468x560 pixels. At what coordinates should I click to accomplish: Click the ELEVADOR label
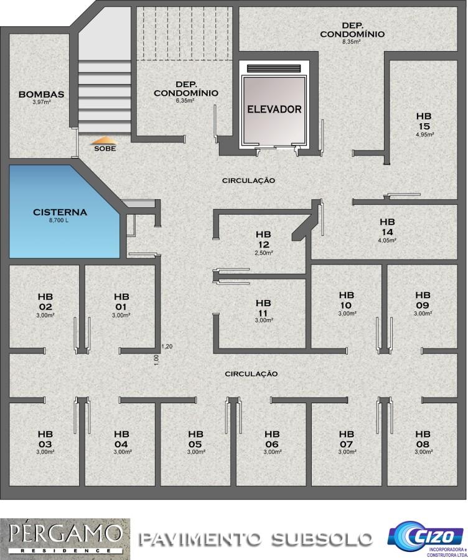[274, 110]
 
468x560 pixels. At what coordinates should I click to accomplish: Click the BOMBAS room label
[42, 95]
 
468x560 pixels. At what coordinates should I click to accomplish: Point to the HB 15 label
[424, 121]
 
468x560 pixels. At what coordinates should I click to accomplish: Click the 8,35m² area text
[352, 42]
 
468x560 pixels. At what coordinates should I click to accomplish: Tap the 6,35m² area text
[185, 100]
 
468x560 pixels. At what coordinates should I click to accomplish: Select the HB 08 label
[423, 439]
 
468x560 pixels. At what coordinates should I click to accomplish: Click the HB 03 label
[45, 439]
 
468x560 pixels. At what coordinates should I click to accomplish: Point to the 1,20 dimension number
[167, 346]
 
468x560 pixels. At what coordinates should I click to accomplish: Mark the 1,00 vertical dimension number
[156, 360]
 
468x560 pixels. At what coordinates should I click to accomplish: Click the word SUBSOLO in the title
[322, 539]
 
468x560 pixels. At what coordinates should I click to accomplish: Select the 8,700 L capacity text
[59, 220]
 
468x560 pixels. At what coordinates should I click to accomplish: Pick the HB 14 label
[387, 226]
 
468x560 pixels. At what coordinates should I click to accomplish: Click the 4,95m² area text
[424, 134]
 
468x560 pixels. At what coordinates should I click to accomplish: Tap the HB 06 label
[272, 439]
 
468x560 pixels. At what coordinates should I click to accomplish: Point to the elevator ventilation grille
[274, 68]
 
